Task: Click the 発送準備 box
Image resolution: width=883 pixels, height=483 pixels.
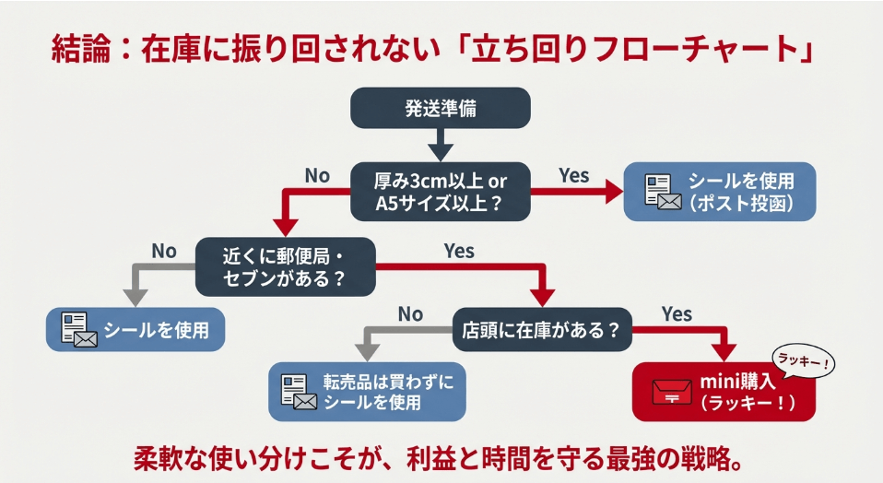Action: (x=441, y=107)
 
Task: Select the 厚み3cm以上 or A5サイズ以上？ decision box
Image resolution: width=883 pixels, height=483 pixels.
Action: (x=441, y=190)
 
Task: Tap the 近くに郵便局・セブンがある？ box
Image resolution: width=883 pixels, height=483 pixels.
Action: (x=286, y=265)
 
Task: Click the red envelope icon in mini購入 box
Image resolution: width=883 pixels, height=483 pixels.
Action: (x=672, y=392)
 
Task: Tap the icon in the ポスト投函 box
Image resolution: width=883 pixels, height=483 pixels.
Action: (x=662, y=192)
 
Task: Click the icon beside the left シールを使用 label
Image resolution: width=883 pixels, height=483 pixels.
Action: (x=78, y=328)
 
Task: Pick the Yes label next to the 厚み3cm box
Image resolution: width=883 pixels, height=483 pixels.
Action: (x=573, y=175)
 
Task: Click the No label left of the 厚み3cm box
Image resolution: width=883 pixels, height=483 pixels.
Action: (x=316, y=175)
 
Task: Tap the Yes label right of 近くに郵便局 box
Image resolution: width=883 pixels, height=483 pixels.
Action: (x=459, y=251)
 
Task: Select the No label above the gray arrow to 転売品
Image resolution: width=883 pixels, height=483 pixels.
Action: (x=410, y=314)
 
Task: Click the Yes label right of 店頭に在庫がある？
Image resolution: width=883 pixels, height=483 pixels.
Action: (x=677, y=314)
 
